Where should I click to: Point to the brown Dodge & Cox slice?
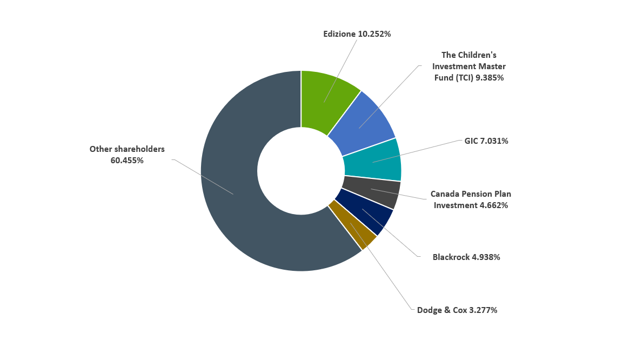[352, 226]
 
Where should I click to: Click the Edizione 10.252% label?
[357, 34]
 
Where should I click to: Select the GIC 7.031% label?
[486, 141]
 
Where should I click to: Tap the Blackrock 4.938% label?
[466, 257]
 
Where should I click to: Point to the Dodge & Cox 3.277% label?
[457, 310]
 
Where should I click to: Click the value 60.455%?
[127, 161]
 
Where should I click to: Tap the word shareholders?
[138, 149]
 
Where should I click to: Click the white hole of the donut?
[300, 171]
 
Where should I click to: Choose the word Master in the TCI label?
[492, 66]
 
